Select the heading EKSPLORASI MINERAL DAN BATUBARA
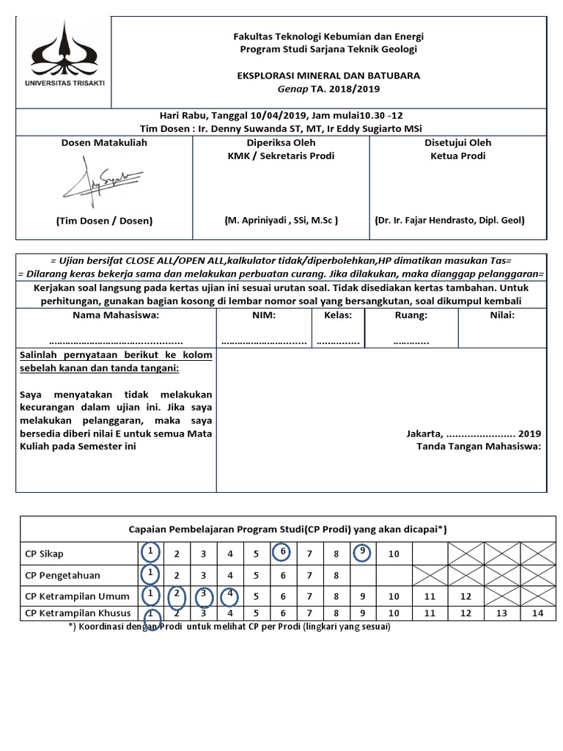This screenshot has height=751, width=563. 327,76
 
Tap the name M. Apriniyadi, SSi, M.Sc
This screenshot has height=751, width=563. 281,220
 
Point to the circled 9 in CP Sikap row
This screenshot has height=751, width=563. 362,552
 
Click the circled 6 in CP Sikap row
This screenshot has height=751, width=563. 282,552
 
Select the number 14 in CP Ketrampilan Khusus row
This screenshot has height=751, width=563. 538,613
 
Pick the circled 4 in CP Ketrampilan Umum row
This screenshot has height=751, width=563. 229,594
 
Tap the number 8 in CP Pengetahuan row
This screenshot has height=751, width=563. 335,575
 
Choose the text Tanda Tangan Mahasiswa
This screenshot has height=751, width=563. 478,446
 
